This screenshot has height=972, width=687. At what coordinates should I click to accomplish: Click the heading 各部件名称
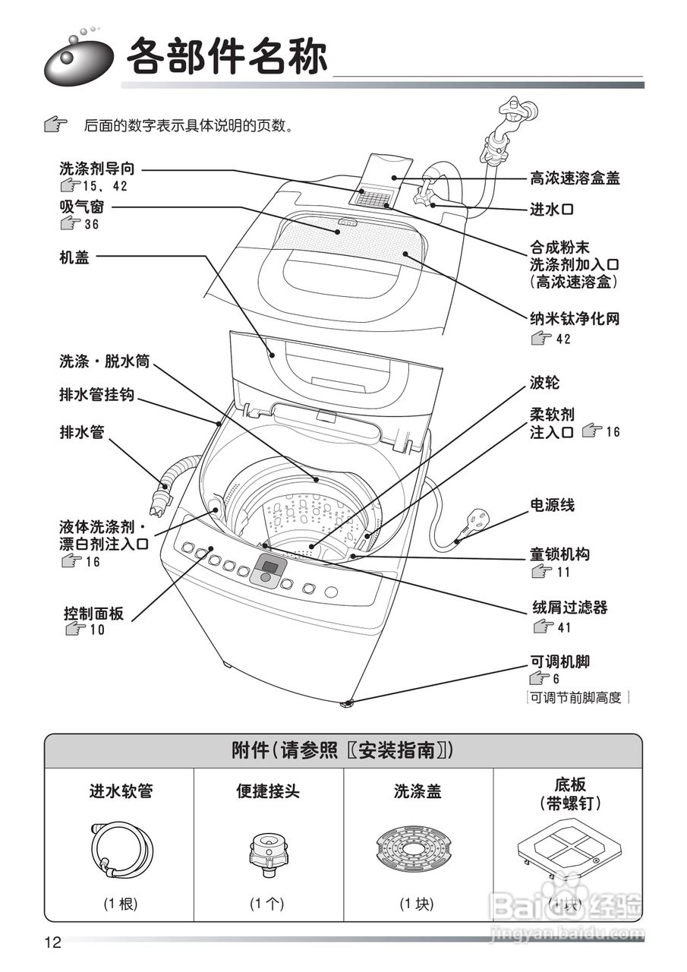pos(227,57)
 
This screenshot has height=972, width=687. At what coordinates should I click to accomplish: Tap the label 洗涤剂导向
pos(97,169)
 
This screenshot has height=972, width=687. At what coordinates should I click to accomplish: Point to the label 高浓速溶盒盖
pos(575,179)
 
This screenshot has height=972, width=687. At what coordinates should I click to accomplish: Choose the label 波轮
pos(544,382)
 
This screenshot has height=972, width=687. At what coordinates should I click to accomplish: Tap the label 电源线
pos(552,505)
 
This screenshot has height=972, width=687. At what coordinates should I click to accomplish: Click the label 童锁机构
pos(559,554)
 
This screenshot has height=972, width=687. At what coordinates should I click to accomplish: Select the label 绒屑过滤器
pos(568,608)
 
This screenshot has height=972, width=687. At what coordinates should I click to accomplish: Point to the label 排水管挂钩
pos(97,396)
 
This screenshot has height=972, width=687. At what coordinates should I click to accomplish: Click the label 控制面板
pos(93,612)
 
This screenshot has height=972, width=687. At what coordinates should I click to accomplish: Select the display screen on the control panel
pos(266,566)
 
